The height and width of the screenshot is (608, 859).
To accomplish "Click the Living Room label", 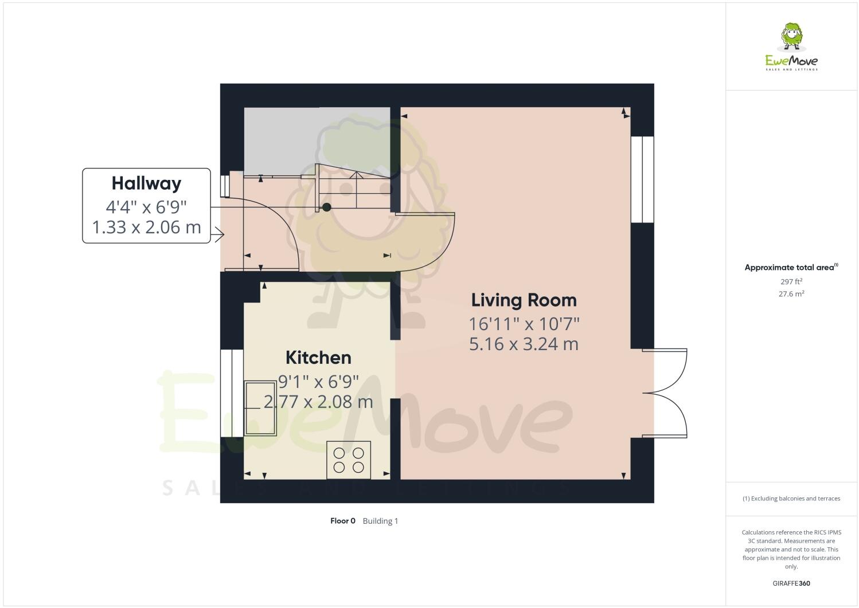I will tap(524, 300).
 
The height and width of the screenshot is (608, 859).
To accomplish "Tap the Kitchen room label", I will tap(318, 358).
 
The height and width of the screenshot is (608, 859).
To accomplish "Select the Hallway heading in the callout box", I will tap(146, 183).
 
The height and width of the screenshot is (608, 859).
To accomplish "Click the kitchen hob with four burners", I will tap(349, 460).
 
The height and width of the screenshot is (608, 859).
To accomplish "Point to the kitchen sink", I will tap(261, 408).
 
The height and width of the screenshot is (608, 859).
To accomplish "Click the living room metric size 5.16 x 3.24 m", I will tap(524, 344).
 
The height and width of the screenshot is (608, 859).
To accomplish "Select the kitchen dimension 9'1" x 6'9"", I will tap(318, 380).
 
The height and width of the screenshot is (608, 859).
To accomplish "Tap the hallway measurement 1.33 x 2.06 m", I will tap(146, 227).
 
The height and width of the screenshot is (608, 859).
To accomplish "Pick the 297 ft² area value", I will tap(791, 281).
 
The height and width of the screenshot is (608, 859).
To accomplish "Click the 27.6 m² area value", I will tap(791, 294).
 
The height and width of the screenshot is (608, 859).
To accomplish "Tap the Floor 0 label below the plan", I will tap(343, 521).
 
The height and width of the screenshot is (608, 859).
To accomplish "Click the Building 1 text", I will tap(380, 521).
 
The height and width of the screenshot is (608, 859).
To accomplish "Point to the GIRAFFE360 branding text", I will tap(791, 584).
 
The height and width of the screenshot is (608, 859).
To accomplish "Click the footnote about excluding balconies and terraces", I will tap(791, 499).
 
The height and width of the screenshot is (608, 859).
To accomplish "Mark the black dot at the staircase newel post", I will tap(326, 207).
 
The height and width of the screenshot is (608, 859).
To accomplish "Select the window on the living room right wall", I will tap(642, 179).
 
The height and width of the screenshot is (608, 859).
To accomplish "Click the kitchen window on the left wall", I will tap(232, 393).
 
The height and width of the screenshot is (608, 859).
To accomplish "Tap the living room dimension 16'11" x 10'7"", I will tap(524, 324).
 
